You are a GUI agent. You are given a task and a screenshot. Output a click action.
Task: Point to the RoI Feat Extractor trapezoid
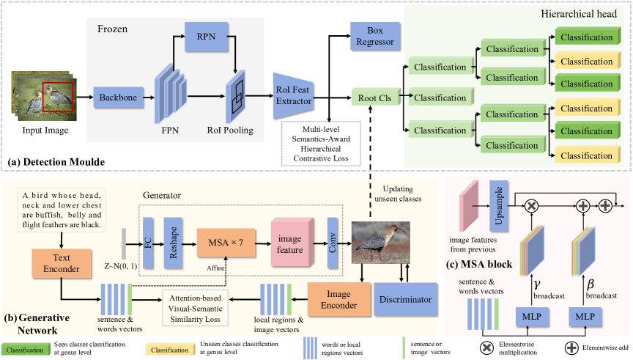[293, 96]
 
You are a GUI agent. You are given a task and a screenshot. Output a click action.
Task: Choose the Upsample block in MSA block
[500, 199]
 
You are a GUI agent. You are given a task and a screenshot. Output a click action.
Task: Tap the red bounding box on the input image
[58, 95]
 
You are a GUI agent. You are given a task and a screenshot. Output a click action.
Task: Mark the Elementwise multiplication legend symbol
[484, 344]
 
